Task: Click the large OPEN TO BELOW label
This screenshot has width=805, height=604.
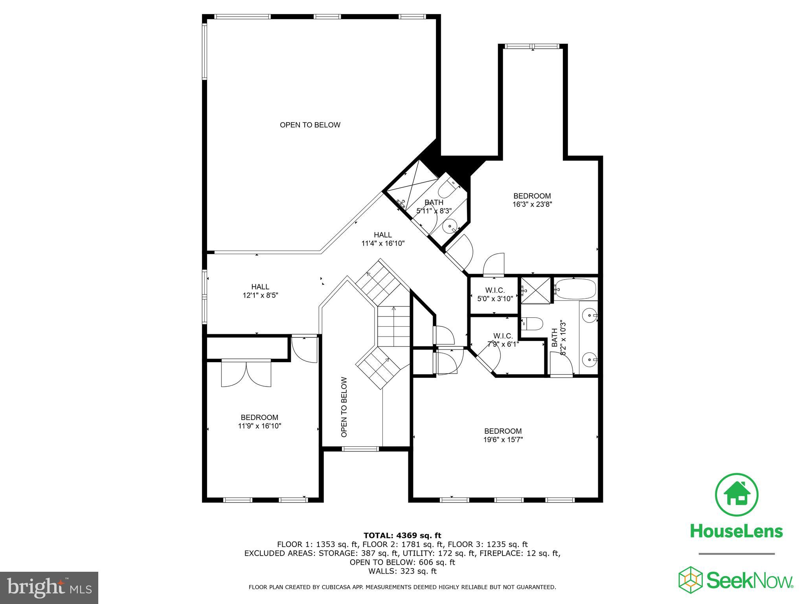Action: (x=310, y=125)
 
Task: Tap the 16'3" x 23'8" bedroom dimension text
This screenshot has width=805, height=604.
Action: (x=532, y=204)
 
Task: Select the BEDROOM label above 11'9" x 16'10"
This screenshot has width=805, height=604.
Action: (x=259, y=417)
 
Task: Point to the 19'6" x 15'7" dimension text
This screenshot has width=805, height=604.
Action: (x=503, y=440)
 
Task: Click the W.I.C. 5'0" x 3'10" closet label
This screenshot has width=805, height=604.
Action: (x=495, y=295)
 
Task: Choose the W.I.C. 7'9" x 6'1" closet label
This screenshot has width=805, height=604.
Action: (x=503, y=340)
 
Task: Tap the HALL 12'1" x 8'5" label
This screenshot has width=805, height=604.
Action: (x=260, y=291)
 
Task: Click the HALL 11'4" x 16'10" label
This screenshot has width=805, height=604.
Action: (x=382, y=239)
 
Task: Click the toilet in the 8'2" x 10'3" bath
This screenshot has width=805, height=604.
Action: (x=533, y=323)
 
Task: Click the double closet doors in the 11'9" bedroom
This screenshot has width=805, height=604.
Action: (x=246, y=373)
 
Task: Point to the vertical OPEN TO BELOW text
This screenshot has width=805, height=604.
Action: (x=344, y=407)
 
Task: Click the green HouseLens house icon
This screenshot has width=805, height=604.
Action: (x=737, y=495)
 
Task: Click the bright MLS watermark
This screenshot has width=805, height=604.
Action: (x=49, y=587)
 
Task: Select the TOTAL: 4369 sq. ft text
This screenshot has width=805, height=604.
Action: (x=402, y=536)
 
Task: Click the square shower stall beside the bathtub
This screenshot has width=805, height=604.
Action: (x=535, y=290)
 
